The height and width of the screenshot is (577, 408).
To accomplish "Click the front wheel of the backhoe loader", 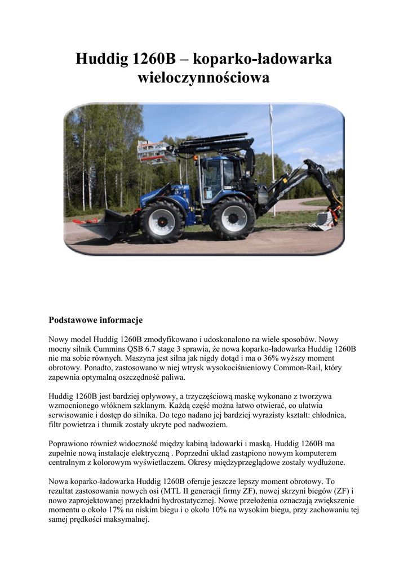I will (162, 221).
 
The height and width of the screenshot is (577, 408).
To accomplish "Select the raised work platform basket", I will (154, 151).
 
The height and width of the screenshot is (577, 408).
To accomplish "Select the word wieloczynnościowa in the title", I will (203, 78).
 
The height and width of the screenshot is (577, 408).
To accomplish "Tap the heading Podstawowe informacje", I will (96, 320).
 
